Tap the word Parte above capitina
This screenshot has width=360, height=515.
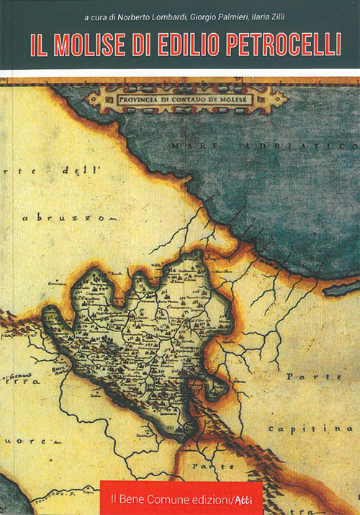307,376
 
